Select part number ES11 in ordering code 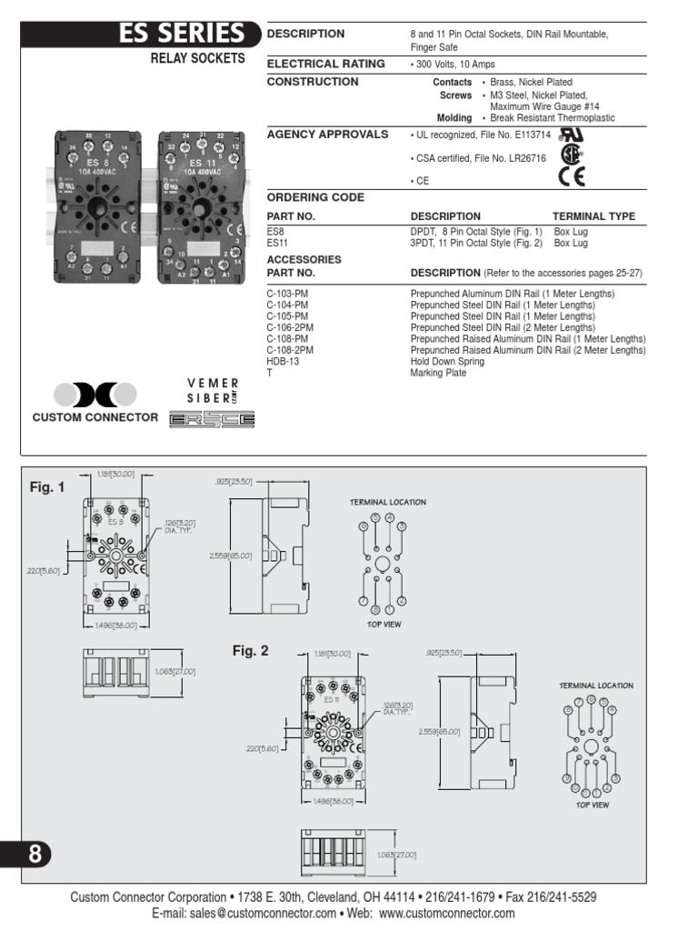[277, 243]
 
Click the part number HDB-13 [283, 361]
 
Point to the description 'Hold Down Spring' [447, 361]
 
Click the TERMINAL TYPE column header [593, 216]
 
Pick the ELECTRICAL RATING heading [325, 64]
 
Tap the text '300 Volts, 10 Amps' [455, 65]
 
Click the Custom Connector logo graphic [95, 395]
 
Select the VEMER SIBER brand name [213, 391]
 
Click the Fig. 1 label [47, 487]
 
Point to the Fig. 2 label [252, 651]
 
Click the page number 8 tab [27, 855]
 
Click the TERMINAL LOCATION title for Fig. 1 [388, 502]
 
